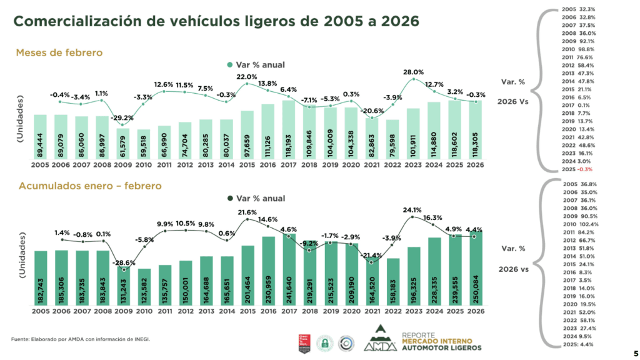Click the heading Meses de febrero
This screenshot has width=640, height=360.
59,52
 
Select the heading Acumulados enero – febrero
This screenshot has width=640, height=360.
91,186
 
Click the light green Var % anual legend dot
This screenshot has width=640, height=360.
229,64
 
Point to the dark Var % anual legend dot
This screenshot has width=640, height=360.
229,198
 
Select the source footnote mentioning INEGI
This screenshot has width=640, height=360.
81,339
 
